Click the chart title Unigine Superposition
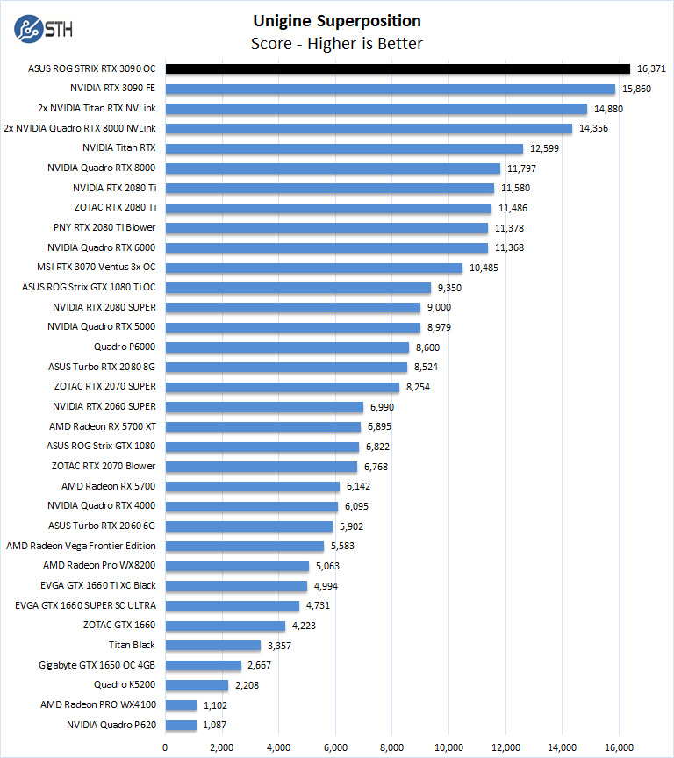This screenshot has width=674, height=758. (x=337, y=21)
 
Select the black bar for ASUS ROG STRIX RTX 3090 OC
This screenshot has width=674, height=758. (x=398, y=68)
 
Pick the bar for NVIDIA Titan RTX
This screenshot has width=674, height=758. (x=344, y=148)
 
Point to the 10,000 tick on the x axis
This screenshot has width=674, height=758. (x=448, y=747)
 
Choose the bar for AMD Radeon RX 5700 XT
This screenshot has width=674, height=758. (x=262, y=426)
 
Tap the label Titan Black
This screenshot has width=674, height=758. (x=132, y=645)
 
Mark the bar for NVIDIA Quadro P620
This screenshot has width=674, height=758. (x=181, y=725)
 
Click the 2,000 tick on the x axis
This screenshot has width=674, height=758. (x=222, y=747)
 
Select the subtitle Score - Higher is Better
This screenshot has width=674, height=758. (x=337, y=44)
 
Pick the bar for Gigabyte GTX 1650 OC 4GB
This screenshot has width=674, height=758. (x=203, y=665)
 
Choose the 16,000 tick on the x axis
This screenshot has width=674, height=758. (x=619, y=747)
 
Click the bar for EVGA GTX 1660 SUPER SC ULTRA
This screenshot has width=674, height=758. (x=232, y=605)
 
